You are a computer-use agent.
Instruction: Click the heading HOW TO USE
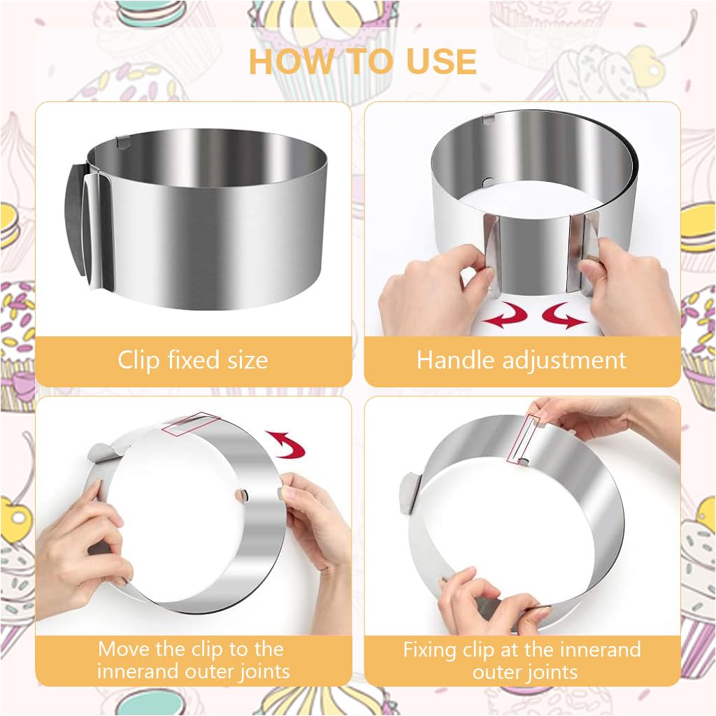tap(362, 62)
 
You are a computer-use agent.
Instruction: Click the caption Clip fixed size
tap(192, 361)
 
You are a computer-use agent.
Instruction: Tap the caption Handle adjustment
tap(521, 361)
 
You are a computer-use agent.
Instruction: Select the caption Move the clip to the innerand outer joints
tap(193, 660)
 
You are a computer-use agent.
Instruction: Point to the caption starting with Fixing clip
tap(522, 660)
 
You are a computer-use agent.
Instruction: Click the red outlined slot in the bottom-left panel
tap(191, 424)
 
